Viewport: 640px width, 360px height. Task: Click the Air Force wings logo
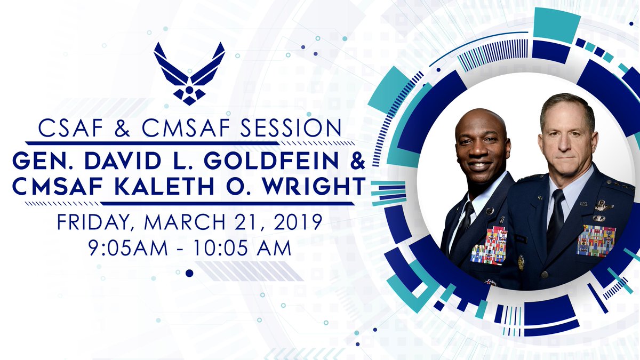coord(189,73)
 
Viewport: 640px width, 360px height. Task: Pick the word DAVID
coord(135,159)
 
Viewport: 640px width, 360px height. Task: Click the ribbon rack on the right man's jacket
coord(596,241)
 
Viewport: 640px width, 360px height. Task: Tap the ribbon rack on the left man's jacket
coord(489,245)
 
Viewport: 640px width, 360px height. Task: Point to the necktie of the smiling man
coord(465,219)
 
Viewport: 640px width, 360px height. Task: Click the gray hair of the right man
coord(565,104)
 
